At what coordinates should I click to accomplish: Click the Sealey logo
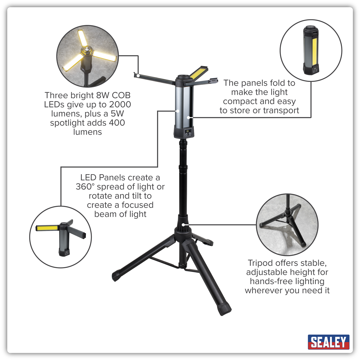[328, 342]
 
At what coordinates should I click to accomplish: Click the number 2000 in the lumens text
[120, 104]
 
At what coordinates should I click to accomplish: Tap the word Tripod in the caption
[261, 263]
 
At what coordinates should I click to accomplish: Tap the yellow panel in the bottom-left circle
[47, 228]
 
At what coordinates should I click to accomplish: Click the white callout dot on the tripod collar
[183, 224]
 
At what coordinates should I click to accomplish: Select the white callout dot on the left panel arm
[138, 76]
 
